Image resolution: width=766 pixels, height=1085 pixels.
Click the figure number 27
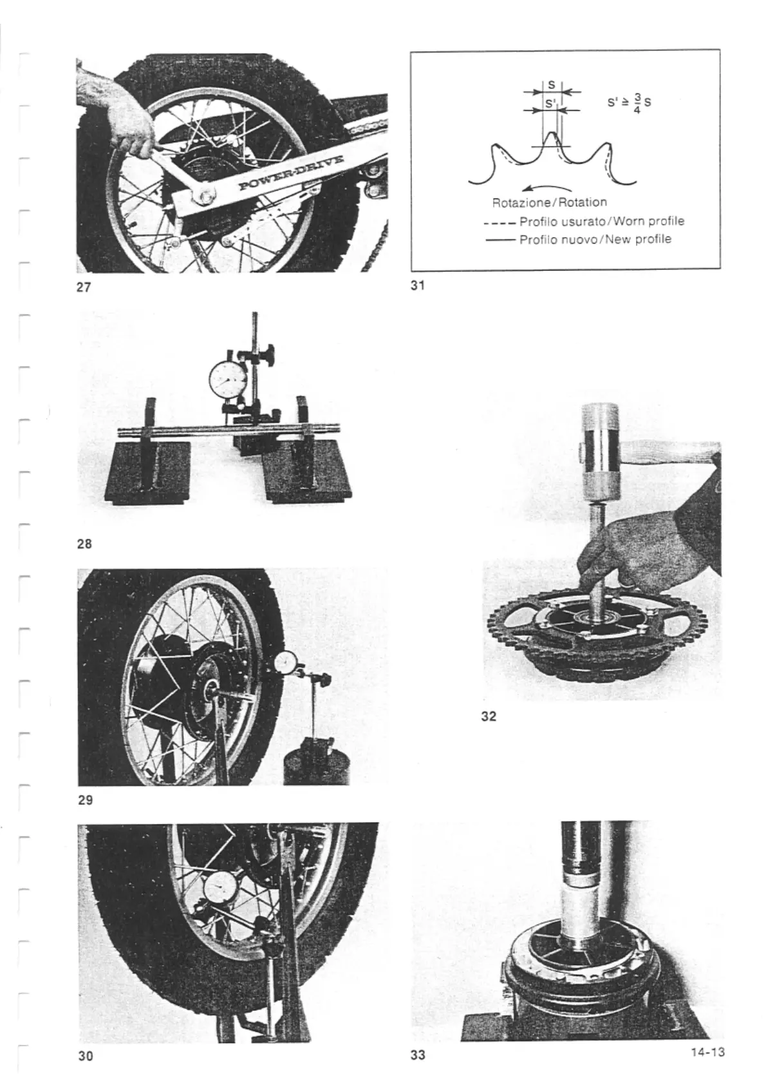coord(83,287)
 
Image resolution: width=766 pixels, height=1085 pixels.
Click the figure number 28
coord(84,544)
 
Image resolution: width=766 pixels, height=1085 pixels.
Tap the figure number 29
coord(85,800)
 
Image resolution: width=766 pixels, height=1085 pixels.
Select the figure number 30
coord(85,1056)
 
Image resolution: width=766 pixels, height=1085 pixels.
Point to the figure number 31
coord(418,285)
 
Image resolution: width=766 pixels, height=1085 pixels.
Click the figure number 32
coord(489,716)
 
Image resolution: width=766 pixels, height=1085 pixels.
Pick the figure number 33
coord(418,1056)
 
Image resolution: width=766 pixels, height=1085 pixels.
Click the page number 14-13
coord(707,1052)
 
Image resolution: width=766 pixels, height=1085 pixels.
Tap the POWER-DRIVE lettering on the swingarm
coord(287,174)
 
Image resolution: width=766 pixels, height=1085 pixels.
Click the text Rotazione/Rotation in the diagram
coord(549,202)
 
